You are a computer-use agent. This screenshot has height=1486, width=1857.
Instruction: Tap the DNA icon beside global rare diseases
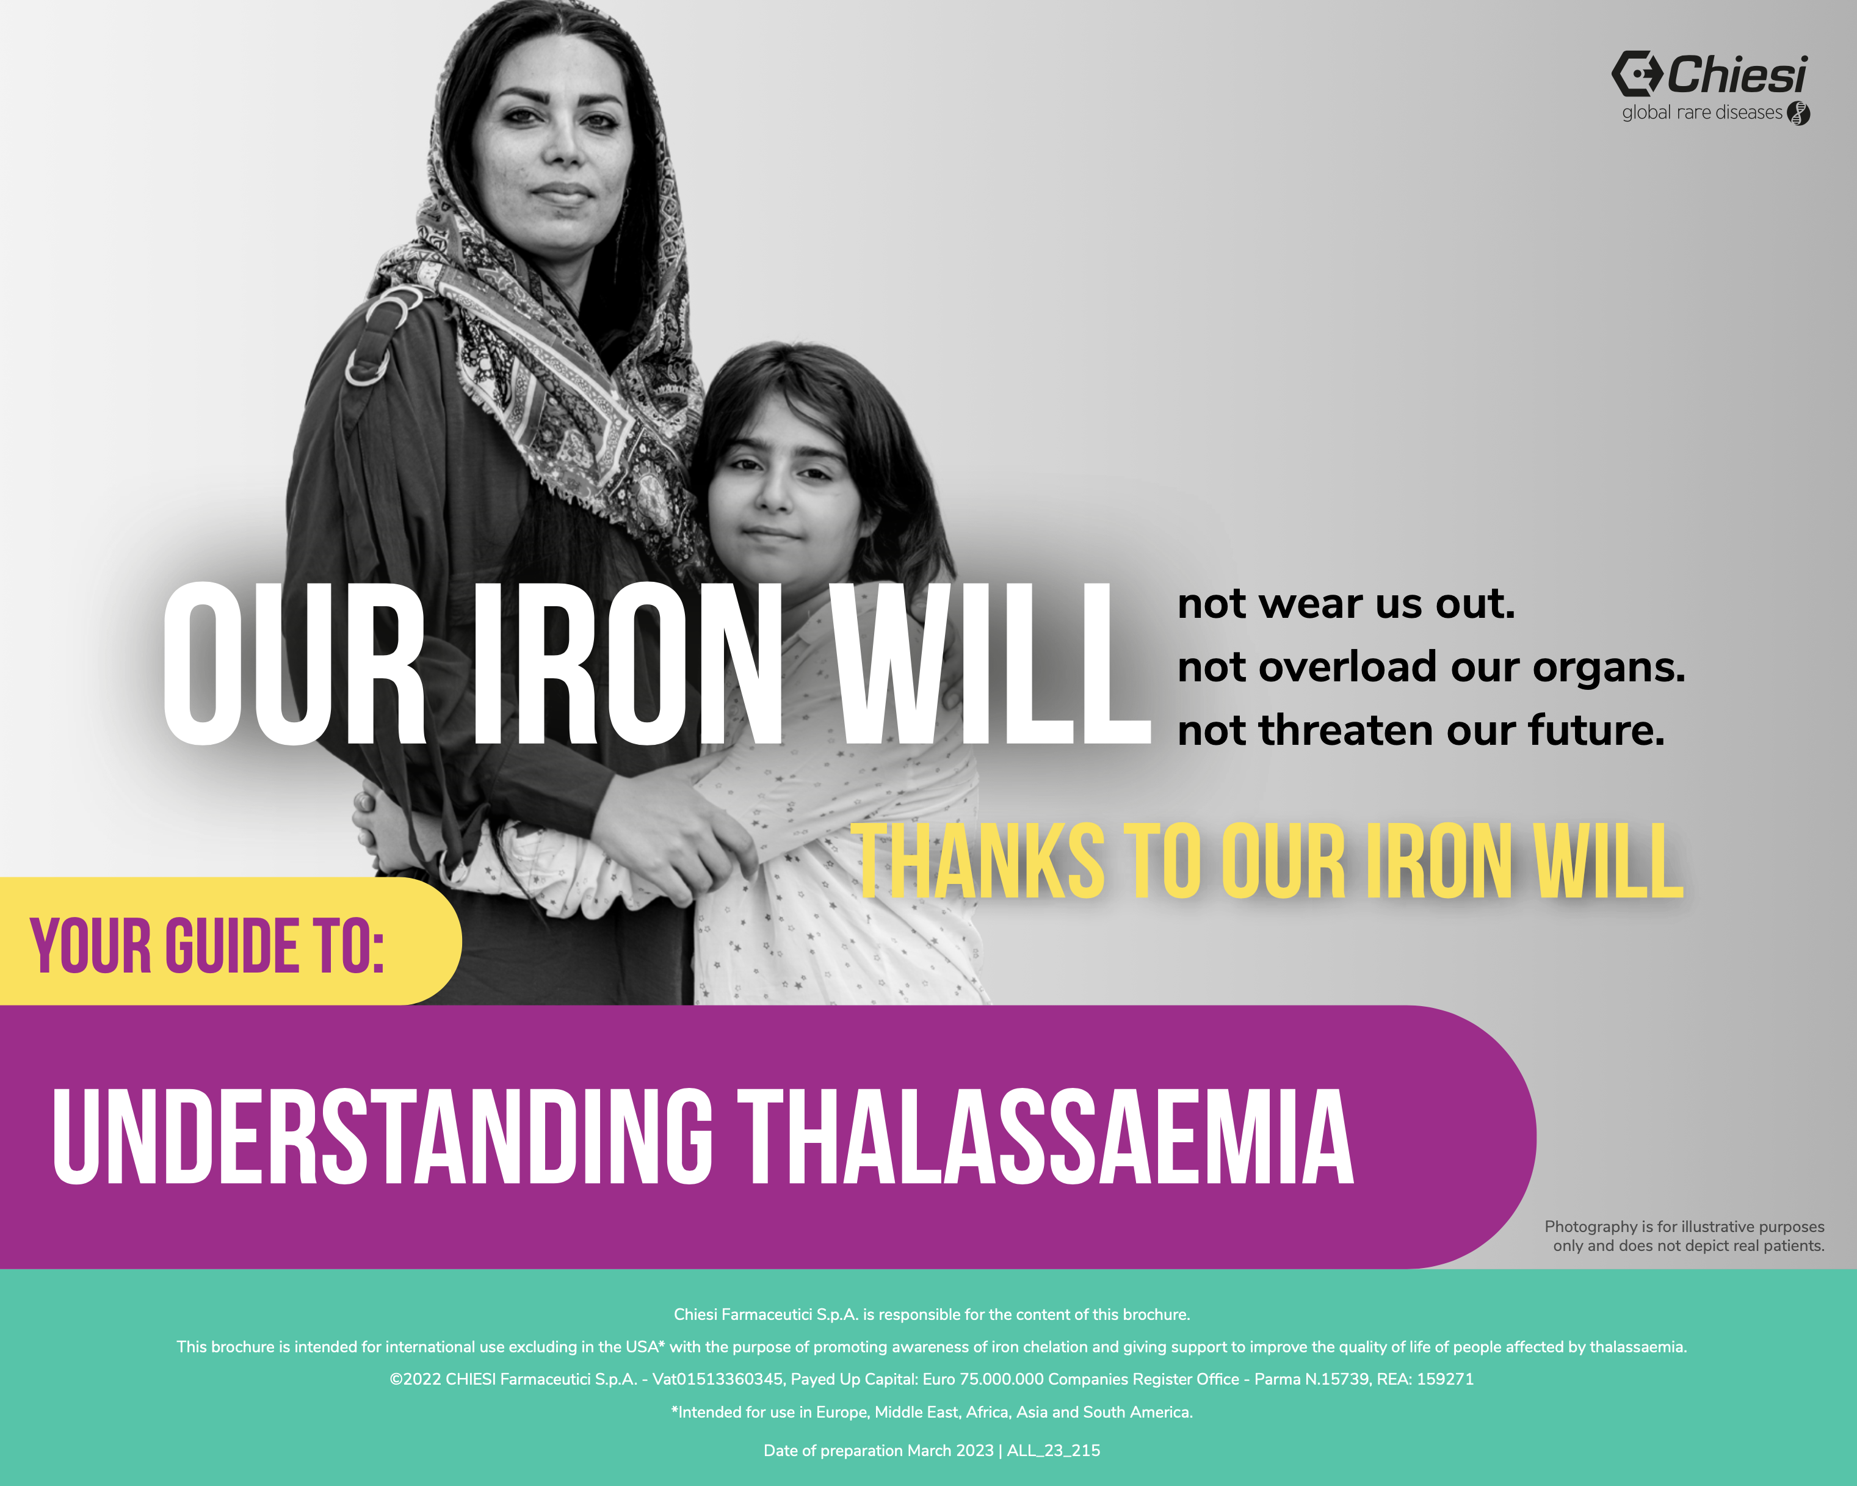click(1798, 113)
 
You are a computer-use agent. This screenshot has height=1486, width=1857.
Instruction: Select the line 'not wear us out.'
click(1346, 603)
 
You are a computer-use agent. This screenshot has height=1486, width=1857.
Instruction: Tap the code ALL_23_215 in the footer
click(1054, 1450)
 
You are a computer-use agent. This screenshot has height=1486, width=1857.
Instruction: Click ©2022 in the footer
click(415, 1379)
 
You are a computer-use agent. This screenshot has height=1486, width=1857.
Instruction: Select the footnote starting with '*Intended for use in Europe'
click(932, 1412)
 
